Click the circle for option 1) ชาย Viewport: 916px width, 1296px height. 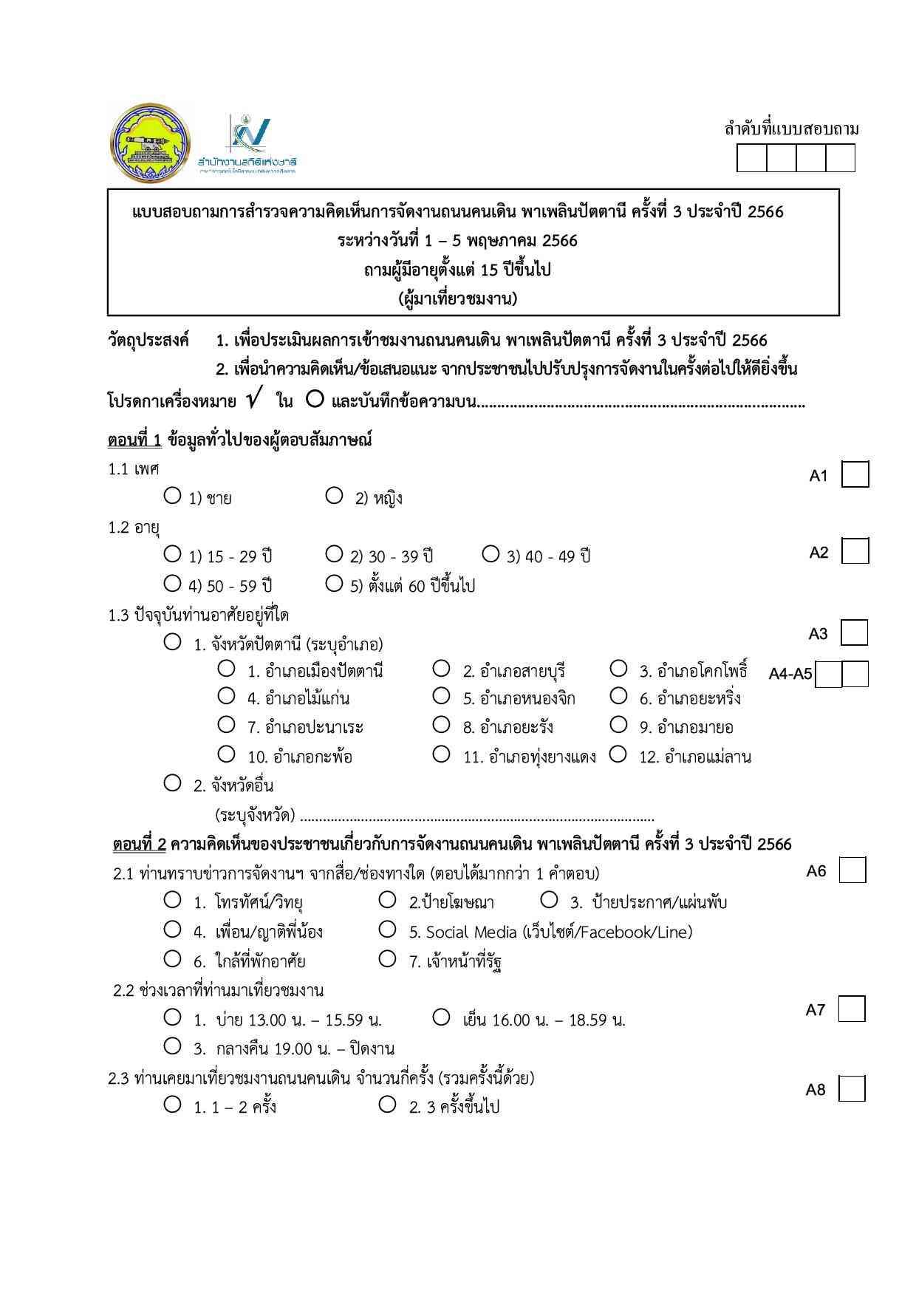(x=172, y=495)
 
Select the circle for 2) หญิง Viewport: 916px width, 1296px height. (x=334, y=495)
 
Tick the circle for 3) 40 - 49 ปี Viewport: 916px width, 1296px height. (x=491, y=553)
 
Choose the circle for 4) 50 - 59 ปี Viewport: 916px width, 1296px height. (x=172, y=583)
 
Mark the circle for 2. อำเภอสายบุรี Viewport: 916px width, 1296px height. (x=441, y=669)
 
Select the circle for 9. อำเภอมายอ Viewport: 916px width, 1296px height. (x=618, y=725)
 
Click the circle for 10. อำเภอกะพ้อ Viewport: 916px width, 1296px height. (x=227, y=754)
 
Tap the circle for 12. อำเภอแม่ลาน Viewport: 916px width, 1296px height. (x=618, y=754)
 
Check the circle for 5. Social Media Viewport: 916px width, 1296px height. (x=387, y=929)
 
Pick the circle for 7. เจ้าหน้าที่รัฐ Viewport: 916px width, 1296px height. (x=387, y=958)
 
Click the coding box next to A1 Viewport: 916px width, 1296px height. (x=855, y=474)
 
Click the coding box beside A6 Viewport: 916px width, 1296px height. (x=852, y=870)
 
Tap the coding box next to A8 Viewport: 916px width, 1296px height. (x=852, y=1088)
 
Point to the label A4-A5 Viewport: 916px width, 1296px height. (x=790, y=674)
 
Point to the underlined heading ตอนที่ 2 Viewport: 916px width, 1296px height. (x=140, y=844)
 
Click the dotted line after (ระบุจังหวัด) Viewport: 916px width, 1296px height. (x=477, y=818)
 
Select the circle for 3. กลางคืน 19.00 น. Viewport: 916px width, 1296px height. (x=172, y=1046)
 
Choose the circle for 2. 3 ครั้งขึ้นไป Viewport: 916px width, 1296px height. (x=387, y=1105)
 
